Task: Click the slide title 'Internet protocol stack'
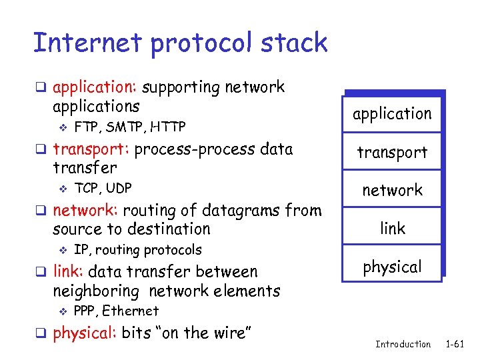pos(180,43)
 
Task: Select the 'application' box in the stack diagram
pos(392,114)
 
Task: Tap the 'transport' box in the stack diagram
pos(392,152)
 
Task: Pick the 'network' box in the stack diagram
pos(392,190)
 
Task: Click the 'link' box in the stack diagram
pos(392,228)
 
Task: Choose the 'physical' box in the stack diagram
pos(392,267)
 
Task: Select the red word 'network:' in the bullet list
pos(84,211)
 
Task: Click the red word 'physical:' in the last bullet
pos(85,333)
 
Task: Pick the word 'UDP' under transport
pos(119,188)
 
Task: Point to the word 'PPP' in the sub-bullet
pos(85,311)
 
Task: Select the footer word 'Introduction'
pos(403,344)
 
